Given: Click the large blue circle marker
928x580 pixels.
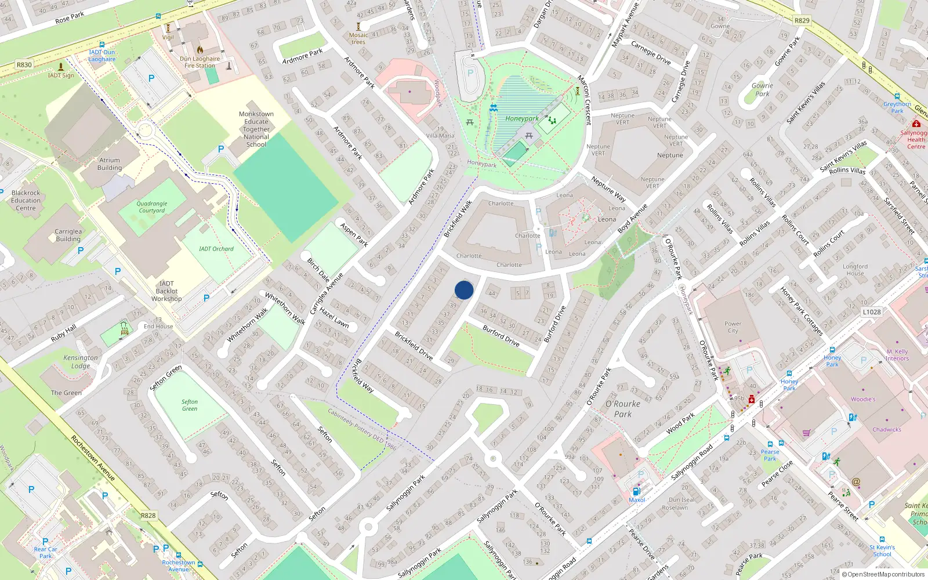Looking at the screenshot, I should (x=464, y=290).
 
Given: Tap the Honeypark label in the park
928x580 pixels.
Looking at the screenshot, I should (x=521, y=119).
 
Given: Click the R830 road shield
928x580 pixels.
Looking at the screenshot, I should (x=24, y=65).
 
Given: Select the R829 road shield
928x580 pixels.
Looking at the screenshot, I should (x=802, y=20).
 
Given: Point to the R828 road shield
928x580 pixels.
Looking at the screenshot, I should (x=148, y=515).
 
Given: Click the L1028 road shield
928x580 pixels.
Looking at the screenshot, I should (x=871, y=312).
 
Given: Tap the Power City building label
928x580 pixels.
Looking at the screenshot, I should (x=733, y=327).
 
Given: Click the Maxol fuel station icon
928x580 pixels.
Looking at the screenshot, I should (x=636, y=491).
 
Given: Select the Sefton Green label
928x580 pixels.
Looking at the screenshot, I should (x=189, y=405).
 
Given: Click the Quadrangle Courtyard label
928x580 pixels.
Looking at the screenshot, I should (x=151, y=207).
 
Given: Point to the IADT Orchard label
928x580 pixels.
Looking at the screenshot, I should (x=216, y=249).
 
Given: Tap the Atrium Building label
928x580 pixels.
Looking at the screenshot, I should (x=110, y=164).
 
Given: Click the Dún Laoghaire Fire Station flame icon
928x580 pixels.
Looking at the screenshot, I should (x=200, y=50).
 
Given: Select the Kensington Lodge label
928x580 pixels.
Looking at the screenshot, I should (x=81, y=362).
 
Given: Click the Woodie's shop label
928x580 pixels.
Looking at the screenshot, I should (x=863, y=399).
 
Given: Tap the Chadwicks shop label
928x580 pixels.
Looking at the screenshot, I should (x=886, y=430).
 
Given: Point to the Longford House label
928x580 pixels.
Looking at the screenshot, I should (x=855, y=270).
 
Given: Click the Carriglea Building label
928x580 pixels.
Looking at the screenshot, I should (x=68, y=235).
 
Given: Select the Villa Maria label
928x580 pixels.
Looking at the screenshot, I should (x=440, y=136).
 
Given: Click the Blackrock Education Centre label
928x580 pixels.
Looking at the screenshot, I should (x=26, y=200).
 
